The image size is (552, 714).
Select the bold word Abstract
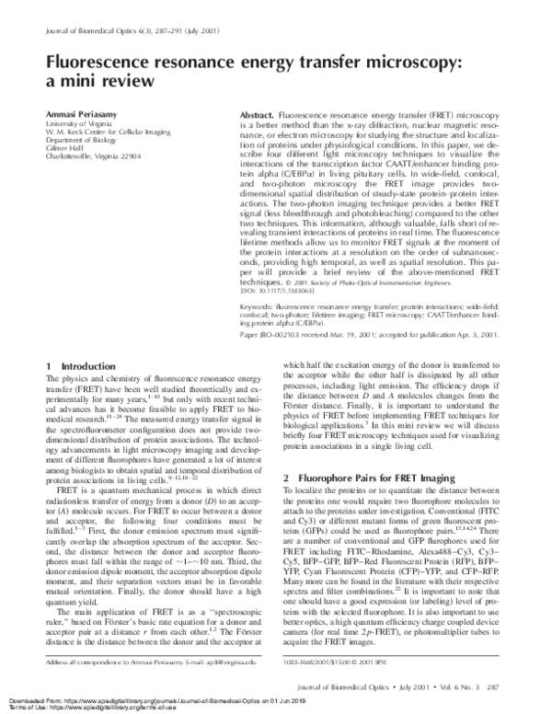(236, 109)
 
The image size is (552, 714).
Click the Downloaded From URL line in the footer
(183, 700)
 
